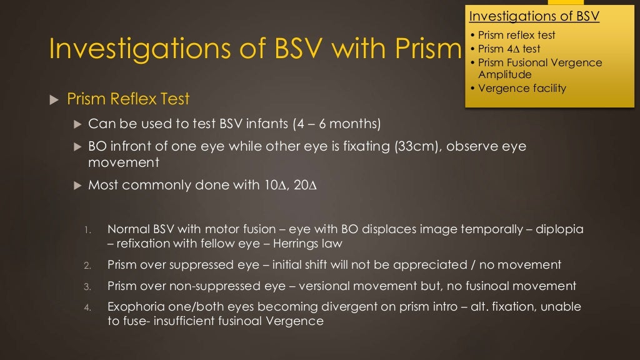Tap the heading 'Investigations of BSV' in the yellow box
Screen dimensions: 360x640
pos(534,16)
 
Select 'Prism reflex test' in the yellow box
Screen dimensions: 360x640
pos(516,35)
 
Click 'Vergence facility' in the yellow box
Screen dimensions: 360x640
pos(522,88)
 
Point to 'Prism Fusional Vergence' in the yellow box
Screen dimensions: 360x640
pos(540,62)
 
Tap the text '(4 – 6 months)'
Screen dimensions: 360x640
pos(337,124)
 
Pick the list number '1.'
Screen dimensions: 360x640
pos(88,230)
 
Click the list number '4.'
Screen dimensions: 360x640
pos(88,307)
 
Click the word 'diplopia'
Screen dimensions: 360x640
pos(560,229)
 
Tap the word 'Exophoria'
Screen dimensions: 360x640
pos(136,307)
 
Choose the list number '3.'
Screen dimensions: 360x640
pos(88,287)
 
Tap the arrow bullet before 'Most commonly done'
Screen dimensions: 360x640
pos(77,186)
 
